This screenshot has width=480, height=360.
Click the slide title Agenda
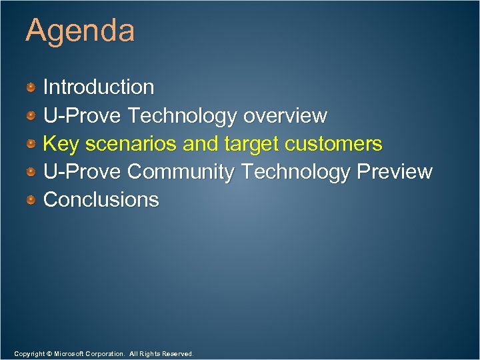click(x=80, y=31)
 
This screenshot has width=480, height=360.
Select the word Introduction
click(x=99, y=87)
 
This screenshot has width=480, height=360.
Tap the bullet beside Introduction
click(x=31, y=87)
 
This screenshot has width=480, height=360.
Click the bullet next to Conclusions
click(x=31, y=199)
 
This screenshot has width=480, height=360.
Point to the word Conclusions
click(x=101, y=199)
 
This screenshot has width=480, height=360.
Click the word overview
click(x=285, y=116)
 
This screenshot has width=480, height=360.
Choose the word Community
click(x=181, y=172)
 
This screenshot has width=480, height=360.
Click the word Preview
click(x=395, y=172)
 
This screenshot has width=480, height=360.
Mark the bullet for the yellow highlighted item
click(x=31, y=144)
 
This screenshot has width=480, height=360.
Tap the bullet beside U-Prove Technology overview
click(x=31, y=116)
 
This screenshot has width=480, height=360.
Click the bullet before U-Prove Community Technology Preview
click(x=31, y=172)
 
